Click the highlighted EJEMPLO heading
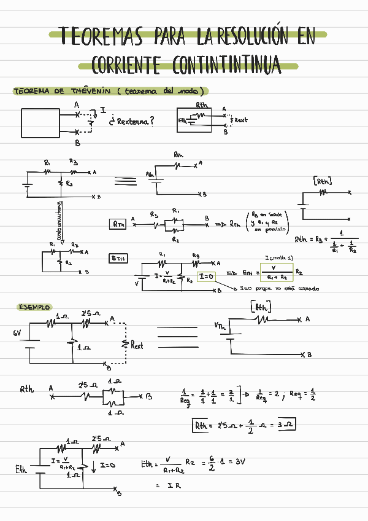(x=34, y=307)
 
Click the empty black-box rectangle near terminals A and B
(x=41, y=122)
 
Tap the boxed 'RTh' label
(x=118, y=225)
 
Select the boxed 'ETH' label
(x=118, y=259)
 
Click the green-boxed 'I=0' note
(x=207, y=278)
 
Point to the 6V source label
(x=17, y=333)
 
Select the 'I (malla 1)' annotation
(x=278, y=257)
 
